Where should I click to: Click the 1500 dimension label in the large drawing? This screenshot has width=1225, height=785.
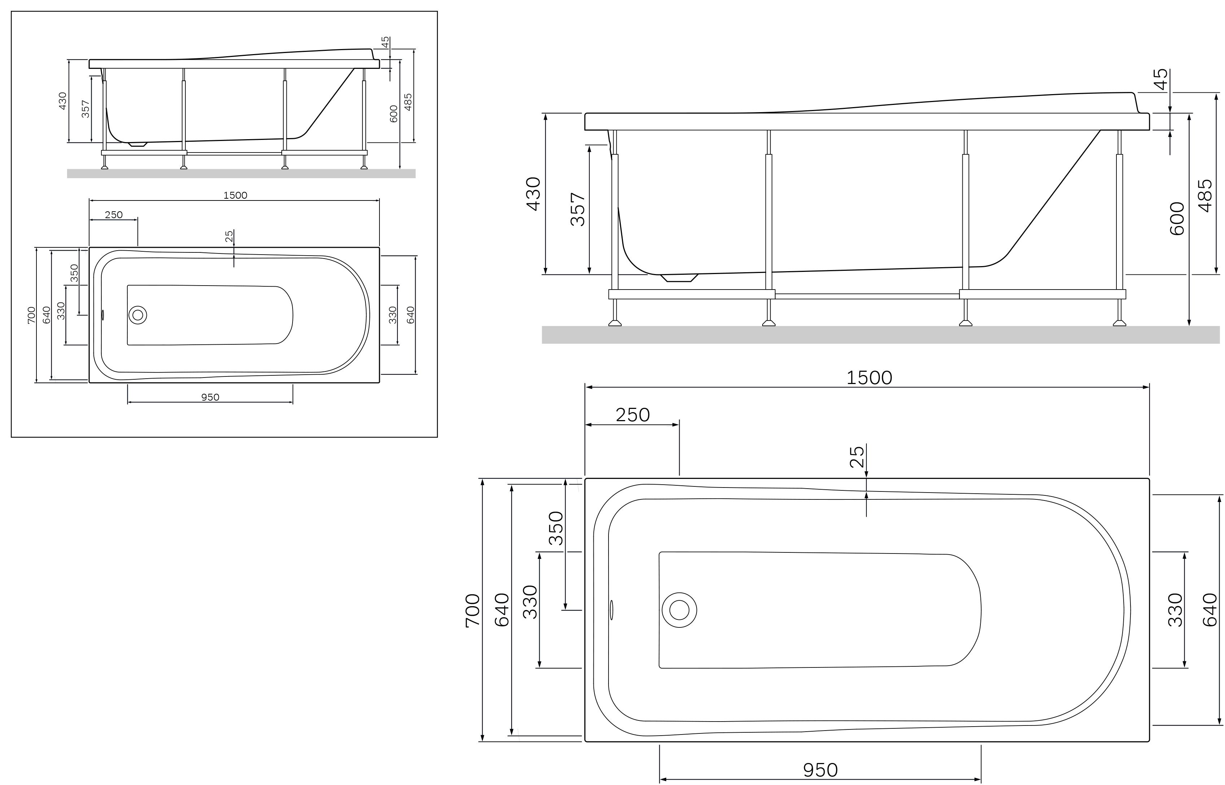pos(869,378)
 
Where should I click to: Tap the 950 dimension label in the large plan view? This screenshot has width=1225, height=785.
pos(820,770)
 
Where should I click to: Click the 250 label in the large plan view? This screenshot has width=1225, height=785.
pos(633,415)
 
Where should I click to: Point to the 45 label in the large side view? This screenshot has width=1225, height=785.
pos(1160,80)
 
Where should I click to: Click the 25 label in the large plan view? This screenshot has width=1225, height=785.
pos(857,457)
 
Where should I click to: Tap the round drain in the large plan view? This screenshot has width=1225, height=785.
pos(679,610)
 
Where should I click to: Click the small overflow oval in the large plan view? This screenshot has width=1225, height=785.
pos(612,610)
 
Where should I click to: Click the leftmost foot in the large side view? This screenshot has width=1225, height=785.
pos(615,323)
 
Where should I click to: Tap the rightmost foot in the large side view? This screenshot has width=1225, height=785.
pos(1119,323)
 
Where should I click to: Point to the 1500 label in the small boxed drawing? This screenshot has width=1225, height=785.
pos(235,195)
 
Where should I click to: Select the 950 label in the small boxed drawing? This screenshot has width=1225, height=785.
pos(210,397)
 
